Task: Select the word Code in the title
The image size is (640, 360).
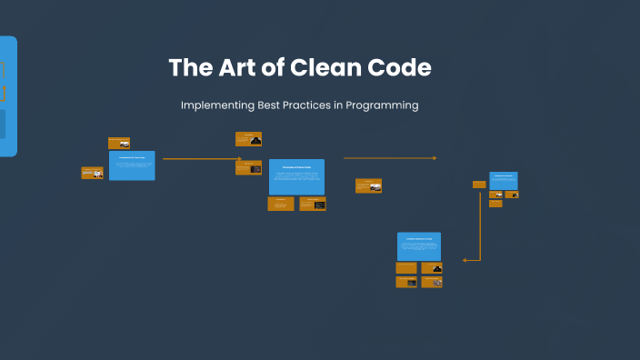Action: tap(401, 67)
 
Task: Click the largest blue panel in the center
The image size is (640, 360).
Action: tap(296, 176)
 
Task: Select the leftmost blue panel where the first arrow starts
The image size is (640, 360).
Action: tap(132, 165)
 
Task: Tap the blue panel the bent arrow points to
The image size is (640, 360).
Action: tap(418, 246)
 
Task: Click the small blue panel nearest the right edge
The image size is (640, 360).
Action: tap(503, 180)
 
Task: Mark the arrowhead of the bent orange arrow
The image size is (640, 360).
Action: tap(465, 260)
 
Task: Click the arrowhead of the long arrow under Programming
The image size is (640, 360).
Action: tap(435, 158)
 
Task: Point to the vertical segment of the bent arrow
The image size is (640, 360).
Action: tap(479, 227)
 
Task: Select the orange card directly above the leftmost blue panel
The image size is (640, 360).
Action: tap(119, 143)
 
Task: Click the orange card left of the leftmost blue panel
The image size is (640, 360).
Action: tap(92, 173)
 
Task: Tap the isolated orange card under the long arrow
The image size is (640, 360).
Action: tap(368, 185)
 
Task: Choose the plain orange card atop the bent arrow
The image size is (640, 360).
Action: tap(479, 185)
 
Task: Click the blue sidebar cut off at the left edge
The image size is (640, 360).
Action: tap(7, 96)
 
